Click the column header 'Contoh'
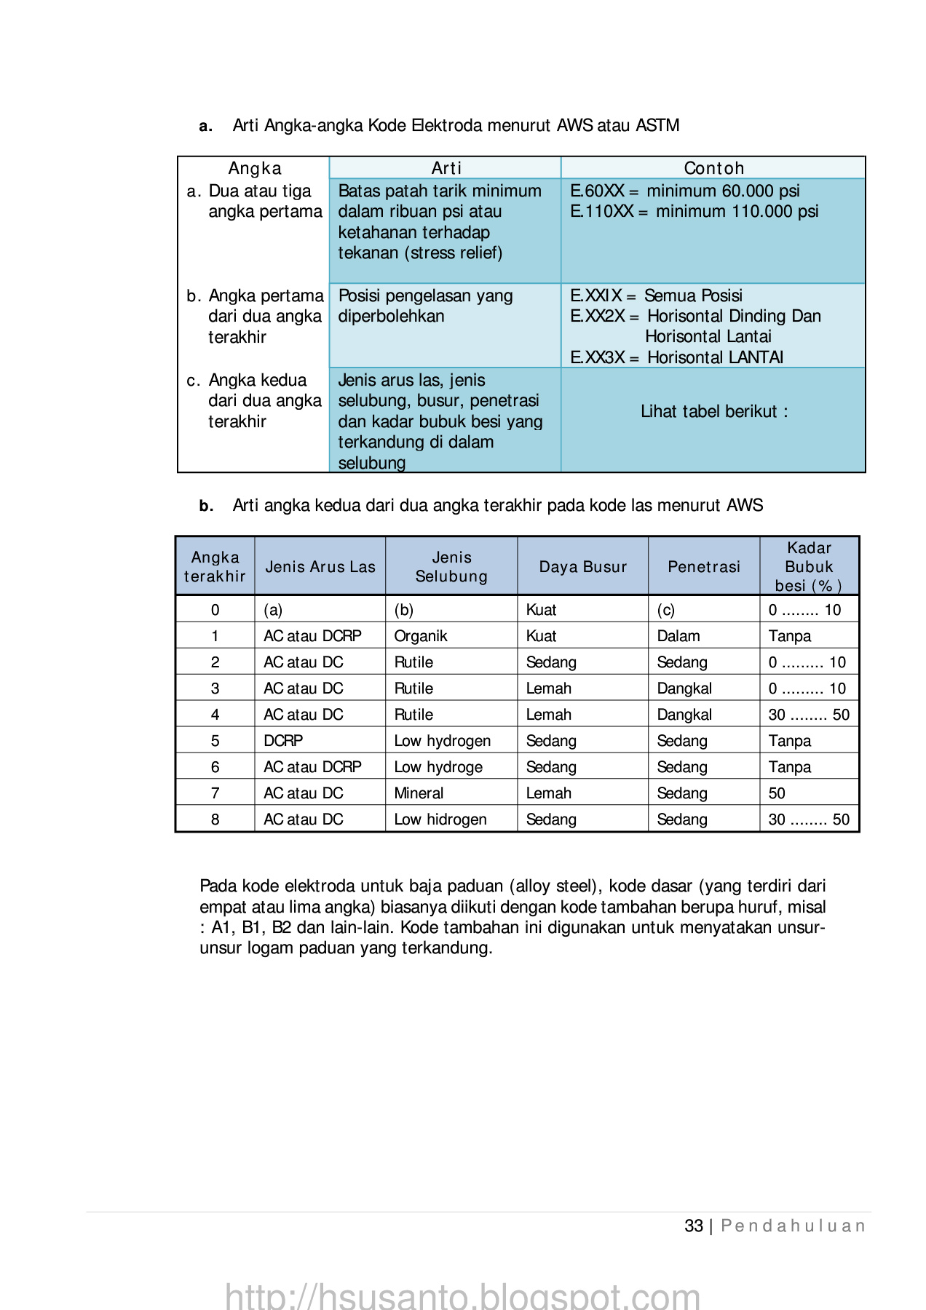(x=713, y=168)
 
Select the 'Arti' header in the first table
(x=446, y=168)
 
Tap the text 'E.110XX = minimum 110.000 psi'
(x=694, y=212)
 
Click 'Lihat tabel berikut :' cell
(x=713, y=412)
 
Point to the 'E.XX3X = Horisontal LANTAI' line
(x=676, y=357)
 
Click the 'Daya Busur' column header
(x=582, y=567)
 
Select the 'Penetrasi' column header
(x=703, y=567)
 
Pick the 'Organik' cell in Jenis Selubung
(x=421, y=636)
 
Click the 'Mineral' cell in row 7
(x=419, y=793)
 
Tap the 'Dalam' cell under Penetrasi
(x=678, y=636)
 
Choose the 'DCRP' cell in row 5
(x=283, y=741)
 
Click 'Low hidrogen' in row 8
(x=440, y=819)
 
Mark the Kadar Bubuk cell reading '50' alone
(x=777, y=793)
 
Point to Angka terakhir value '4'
(x=215, y=715)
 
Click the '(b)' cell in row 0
(x=403, y=610)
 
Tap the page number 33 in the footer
(x=693, y=1226)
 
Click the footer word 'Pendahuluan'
(x=793, y=1226)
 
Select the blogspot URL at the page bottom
(x=462, y=1295)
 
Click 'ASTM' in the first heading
(x=657, y=126)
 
